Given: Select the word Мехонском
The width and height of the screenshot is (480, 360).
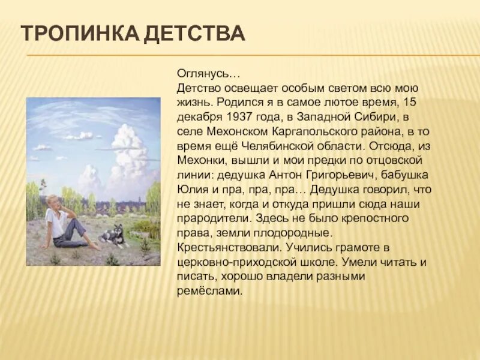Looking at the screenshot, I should (232, 131).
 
